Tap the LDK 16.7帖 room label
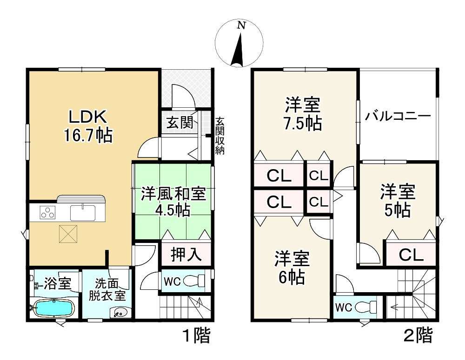coord(88,126)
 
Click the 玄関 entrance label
coord(179,122)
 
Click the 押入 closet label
coord(186,254)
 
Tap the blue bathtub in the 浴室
coord(54,308)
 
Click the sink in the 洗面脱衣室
coord(120,312)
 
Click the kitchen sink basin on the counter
coord(83,212)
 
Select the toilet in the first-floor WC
coord(194,280)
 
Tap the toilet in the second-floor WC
coord(365,307)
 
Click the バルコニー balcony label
coord(398,116)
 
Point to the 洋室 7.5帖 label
coord(303,114)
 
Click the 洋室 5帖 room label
coord(398,201)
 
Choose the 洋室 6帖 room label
coord(292,268)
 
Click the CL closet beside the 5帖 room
coord(411,255)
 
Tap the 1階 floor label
coord(197,336)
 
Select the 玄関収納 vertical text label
coord(220,136)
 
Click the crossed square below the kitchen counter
coord(68,234)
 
